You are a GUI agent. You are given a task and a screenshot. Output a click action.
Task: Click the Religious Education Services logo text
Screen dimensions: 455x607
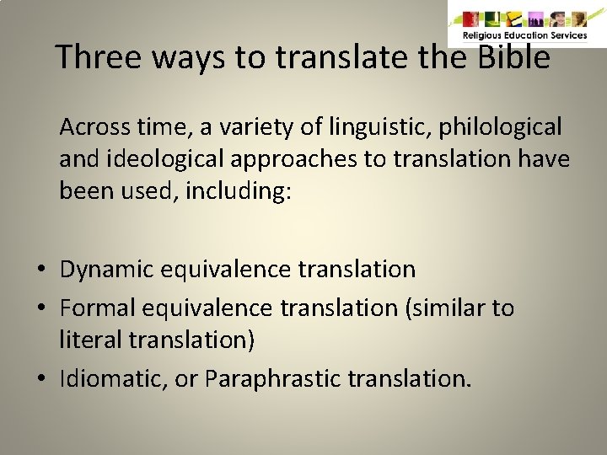(524, 35)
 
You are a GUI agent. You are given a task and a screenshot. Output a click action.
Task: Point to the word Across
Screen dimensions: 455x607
(94, 127)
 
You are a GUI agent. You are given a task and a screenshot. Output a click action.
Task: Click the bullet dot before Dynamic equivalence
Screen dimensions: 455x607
(40, 270)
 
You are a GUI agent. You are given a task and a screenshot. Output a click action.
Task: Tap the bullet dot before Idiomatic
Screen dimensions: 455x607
(40, 379)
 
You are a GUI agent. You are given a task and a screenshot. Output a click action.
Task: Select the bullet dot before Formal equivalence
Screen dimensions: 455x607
(40, 308)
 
